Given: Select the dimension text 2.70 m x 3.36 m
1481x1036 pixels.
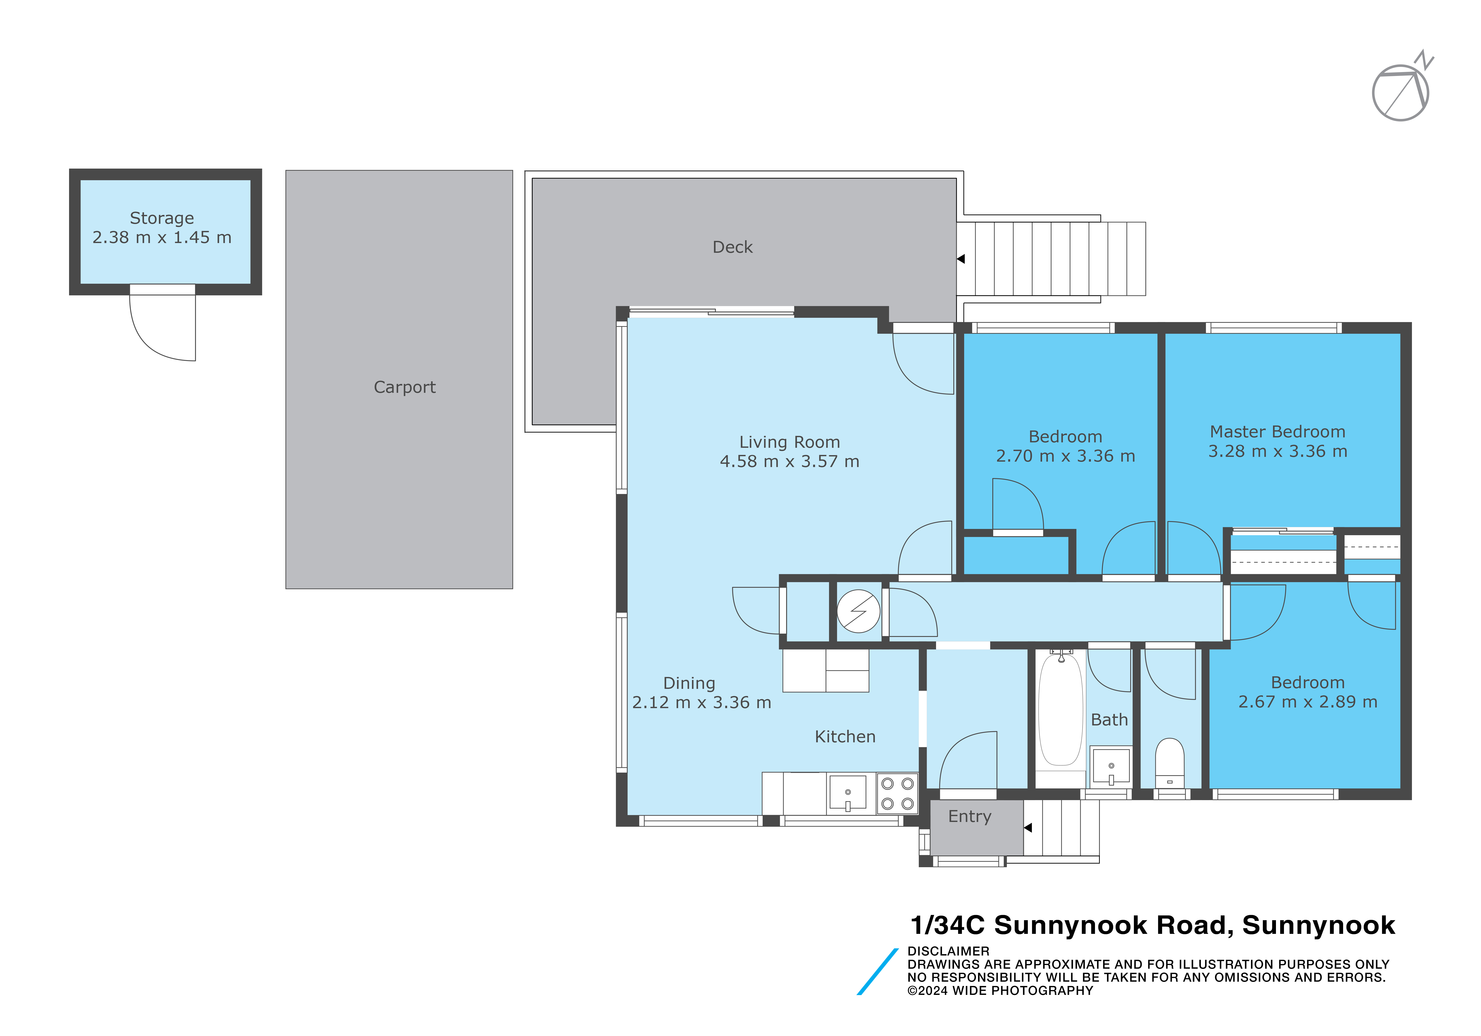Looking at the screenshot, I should click(x=1065, y=456).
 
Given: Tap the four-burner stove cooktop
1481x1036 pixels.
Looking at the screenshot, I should click(x=897, y=794).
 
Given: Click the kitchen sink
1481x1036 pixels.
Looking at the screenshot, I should click(x=848, y=793).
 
